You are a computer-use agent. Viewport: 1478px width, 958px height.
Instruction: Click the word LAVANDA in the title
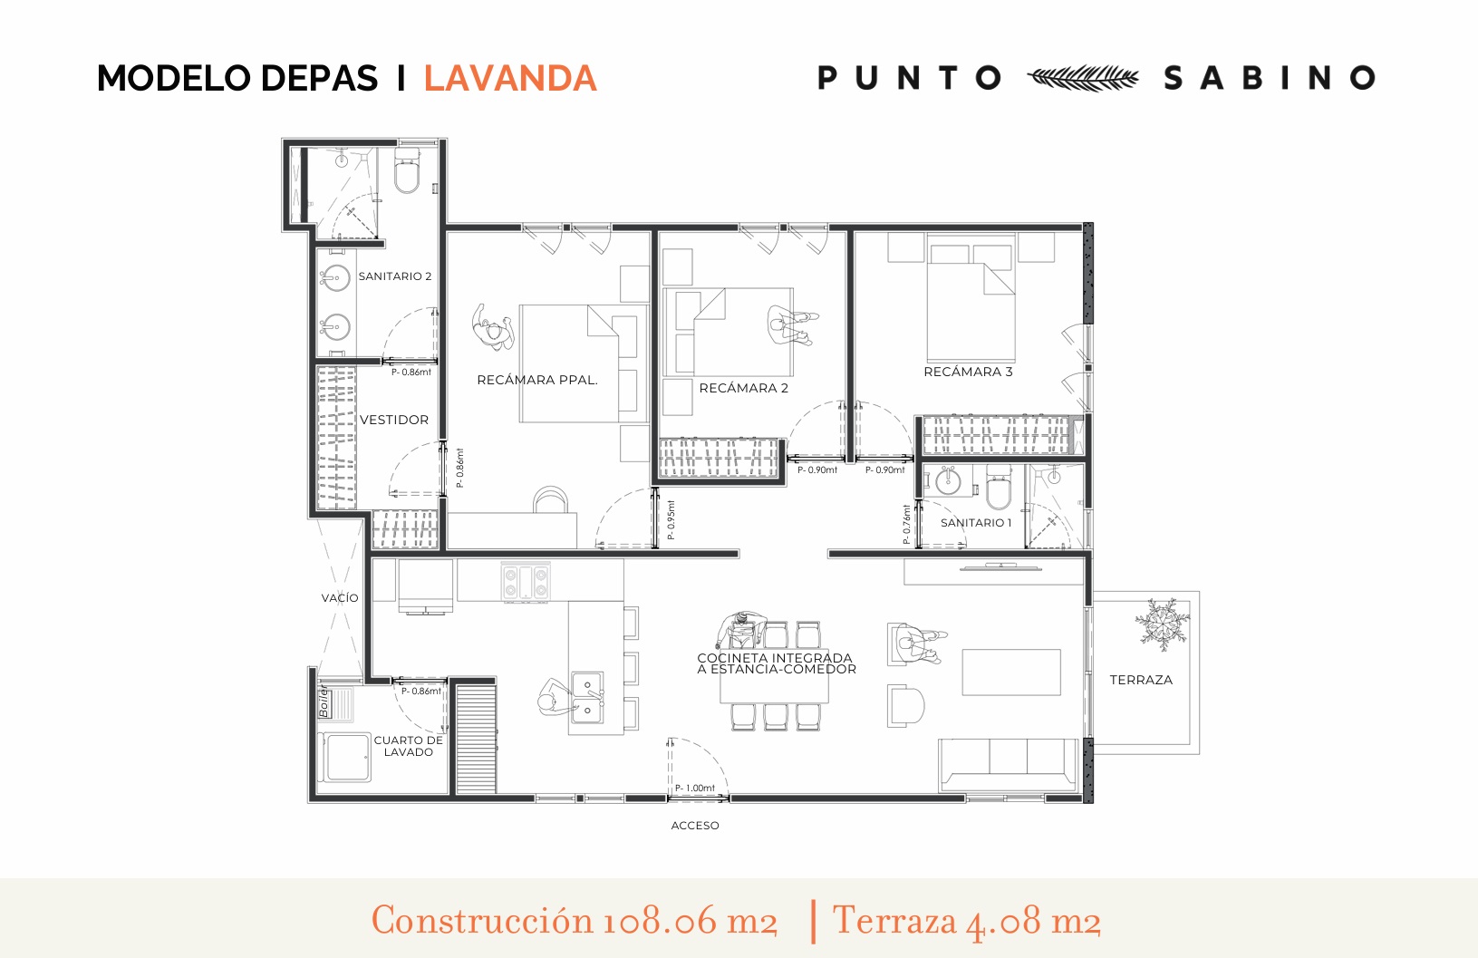(x=510, y=78)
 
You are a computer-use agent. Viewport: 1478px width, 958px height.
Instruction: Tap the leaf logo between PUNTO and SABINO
(x=1083, y=78)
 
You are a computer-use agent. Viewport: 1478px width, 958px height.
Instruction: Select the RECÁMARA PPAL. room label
(x=537, y=380)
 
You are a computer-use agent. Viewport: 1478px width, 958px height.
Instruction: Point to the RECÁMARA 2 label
(x=744, y=388)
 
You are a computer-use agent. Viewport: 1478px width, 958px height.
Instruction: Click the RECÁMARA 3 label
(x=968, y=372)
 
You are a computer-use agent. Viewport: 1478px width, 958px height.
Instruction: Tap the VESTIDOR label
(x=394, y=420)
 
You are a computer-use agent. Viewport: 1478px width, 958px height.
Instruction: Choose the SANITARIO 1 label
(x=976, y=523)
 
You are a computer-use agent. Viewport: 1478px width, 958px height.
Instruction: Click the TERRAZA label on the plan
(x=1141, y=680)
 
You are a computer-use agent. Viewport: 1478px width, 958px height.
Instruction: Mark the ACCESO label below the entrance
(x=695, y=826)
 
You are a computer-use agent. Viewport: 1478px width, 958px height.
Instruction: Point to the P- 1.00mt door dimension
(x=695, y=788)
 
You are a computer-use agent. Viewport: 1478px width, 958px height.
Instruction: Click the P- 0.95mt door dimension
(x=671, y=520)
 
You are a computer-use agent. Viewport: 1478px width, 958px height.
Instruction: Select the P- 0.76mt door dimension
(x=906, y=525)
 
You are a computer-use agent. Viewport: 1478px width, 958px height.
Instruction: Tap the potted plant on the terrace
(x=1162, y=624)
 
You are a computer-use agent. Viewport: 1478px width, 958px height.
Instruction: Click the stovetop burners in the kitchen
(x=526, y=581)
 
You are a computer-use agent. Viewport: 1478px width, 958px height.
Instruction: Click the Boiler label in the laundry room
(x=324, y=701)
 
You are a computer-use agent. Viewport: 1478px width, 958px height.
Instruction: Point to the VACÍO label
(x=340, y=598)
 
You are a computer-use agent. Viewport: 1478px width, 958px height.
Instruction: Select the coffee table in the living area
(x=1011, y=672)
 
